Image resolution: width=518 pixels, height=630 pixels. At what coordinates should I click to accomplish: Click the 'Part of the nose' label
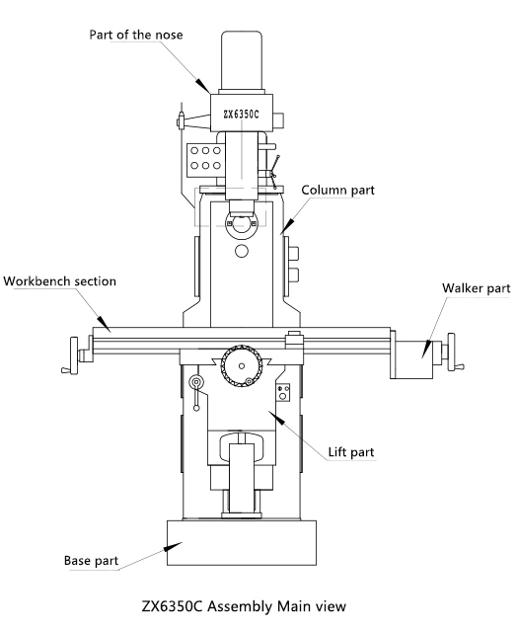(x=136, y=35)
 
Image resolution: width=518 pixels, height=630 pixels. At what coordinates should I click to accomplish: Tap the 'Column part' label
(x=337, y=190)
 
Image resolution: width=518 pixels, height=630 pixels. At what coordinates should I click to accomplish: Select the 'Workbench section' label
(x=60, y=280)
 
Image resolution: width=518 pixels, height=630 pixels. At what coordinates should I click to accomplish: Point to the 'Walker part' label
(x=476, y=288)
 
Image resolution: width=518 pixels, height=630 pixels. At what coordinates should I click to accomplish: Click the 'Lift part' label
(x=351, y=452)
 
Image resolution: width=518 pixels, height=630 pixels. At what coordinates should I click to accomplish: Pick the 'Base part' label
(x=91, y=561)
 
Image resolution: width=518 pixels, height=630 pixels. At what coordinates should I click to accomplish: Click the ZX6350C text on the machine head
(x=242, y=115)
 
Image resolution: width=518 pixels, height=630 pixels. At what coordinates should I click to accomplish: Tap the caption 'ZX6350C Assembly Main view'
(x=244, y=606)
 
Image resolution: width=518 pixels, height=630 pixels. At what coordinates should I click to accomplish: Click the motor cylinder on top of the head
(x=242, y=60)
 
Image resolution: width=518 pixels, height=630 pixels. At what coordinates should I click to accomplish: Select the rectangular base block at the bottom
(x=242, y=543)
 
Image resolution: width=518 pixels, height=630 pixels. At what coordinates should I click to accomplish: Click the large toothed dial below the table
(x=242, y=365)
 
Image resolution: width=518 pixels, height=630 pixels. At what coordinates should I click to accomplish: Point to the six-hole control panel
(x=204, y=159)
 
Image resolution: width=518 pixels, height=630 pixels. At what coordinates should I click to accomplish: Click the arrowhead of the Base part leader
(x=173, y=546)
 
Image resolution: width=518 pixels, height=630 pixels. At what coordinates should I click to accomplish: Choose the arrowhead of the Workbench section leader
(x=104, y=324)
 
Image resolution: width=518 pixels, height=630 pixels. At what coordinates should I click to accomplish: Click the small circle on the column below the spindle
(x=242, y=251)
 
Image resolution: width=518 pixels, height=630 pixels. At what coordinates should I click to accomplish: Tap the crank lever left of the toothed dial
(x=196, y=393)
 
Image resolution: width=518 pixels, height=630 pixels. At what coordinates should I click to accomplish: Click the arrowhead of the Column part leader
(x=287, y=226)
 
